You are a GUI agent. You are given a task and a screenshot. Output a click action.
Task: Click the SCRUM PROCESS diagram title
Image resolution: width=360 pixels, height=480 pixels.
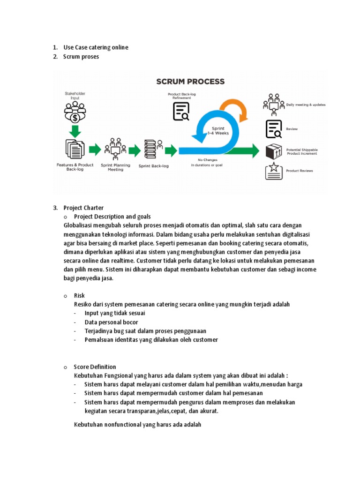[x=190, y=82]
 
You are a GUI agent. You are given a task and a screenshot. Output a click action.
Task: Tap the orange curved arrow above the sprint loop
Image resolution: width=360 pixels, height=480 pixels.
[x=233, y=109]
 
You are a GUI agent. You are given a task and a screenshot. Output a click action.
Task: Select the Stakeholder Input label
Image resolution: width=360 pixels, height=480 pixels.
[x=75, y=96]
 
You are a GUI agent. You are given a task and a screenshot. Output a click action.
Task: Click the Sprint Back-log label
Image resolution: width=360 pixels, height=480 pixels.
[x=154, y=165]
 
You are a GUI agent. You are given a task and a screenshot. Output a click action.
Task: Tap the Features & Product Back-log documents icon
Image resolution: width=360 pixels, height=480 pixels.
[x=75, y=149]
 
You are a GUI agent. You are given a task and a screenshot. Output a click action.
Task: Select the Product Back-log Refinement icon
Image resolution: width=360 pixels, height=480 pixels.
[x=181, y=112]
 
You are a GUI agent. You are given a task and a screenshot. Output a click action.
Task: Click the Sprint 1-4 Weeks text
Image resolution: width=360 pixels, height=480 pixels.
[x=218, y=131]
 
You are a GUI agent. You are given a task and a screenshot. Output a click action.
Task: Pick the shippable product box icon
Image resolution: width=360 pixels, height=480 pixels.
[x=273, y=151]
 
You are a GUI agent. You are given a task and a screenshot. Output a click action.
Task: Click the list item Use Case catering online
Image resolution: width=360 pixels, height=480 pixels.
[x=96, y=47]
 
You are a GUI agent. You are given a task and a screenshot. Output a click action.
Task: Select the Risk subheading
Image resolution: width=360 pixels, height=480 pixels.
[x=79, y=295]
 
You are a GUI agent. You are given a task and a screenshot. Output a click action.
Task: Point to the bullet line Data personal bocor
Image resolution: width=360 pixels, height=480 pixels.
[x=111, y=322]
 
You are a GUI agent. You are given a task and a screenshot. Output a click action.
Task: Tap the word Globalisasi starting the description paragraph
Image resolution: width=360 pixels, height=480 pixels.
[x=79, y=225]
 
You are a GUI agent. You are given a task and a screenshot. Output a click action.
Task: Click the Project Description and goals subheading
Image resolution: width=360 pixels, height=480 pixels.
[x=112, y=217]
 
